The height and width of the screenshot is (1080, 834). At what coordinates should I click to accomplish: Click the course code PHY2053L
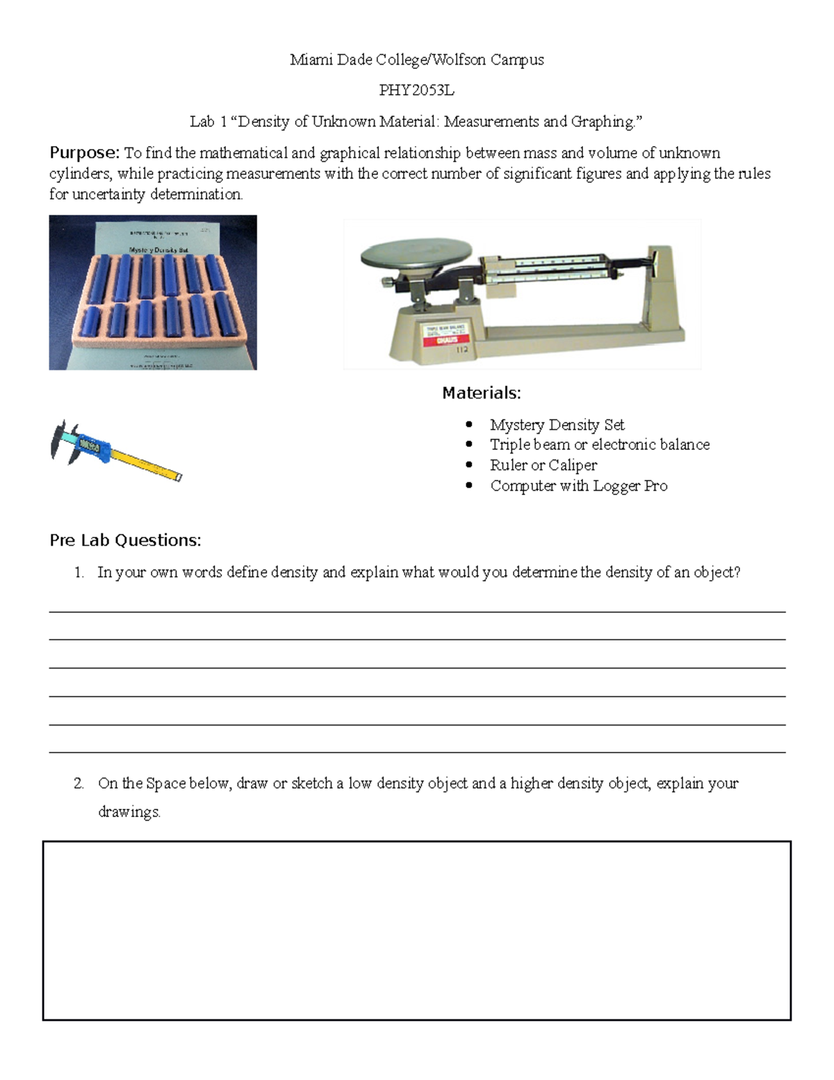[416, 90]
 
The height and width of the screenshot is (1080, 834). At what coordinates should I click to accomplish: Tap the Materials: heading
[481, 393]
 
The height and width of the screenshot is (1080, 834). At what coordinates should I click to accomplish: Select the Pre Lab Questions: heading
[125, 540]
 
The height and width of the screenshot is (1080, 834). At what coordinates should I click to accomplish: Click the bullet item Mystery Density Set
[557, 424]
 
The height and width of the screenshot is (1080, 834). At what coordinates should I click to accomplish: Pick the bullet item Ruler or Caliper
[543, 465]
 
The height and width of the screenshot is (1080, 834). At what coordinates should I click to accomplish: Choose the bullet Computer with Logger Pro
[578, 485]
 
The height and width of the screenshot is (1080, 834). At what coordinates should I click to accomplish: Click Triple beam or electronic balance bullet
[599, 444]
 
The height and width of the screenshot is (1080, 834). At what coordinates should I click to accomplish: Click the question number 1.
[79, 572]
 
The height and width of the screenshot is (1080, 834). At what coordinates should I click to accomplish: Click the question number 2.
[79, 783]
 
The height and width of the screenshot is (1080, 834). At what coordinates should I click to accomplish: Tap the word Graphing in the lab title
[602, 122]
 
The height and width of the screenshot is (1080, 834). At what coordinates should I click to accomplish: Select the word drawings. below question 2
[129, 812]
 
